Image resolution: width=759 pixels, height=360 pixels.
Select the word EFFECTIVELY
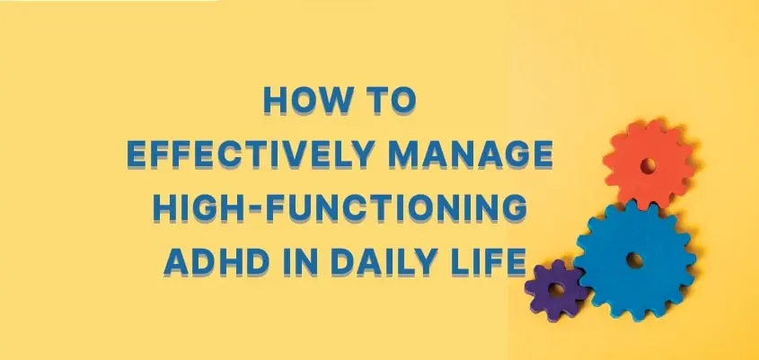[251, 154]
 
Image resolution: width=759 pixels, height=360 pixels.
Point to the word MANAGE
[471, 154]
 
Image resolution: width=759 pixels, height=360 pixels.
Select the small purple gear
[556, 290]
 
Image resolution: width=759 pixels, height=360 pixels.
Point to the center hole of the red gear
[649, 165]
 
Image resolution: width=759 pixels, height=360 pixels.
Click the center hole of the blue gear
[633, 259]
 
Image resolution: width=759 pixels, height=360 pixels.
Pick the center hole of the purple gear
[556, 290]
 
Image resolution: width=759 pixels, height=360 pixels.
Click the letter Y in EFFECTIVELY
[362, 154]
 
